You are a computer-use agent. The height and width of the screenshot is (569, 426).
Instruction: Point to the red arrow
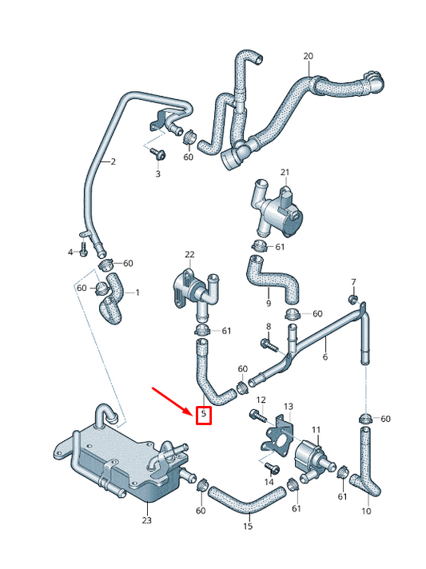point(171,399)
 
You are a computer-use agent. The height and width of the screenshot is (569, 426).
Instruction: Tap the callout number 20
point(309,56)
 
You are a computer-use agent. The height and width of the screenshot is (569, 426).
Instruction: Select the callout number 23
point(146,519)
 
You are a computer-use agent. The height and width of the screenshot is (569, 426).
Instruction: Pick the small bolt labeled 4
point(83,252)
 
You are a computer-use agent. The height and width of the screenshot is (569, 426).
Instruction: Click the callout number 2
point(113,161)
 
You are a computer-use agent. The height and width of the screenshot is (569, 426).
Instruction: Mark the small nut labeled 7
point(352,299)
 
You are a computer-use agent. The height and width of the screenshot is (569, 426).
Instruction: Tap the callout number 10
point(366,511)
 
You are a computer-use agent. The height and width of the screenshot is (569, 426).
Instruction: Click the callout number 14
point(269,482)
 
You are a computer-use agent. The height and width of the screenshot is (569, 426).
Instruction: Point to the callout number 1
point(137,292)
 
